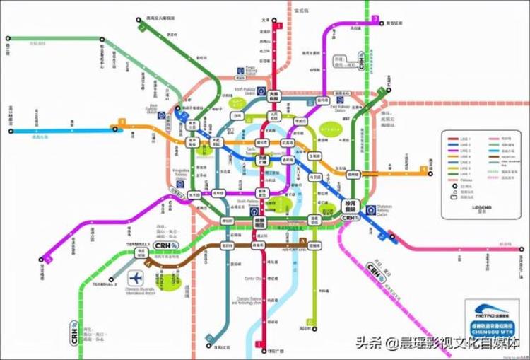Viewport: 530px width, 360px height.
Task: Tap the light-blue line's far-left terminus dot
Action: pos(11,130)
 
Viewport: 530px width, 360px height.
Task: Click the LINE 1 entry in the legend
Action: pos(462,138)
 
